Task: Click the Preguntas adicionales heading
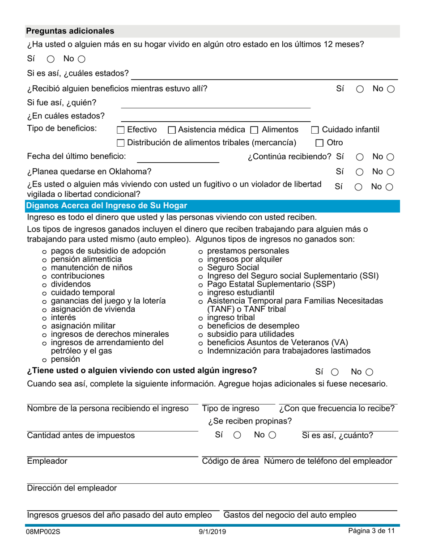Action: click(x=70, y=31)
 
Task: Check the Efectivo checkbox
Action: click(x=120, y=130)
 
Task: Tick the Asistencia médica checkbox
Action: click(x=171, y=130)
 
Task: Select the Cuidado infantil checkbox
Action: click(x=315, y=130)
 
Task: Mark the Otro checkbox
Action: click(x=319, y=143)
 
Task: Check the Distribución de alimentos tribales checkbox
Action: click(x=120, y=143)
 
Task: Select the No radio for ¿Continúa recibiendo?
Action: click(x=390, y=157)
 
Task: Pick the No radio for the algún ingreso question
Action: click(x=369, y=372)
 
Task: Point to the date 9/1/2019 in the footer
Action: click(x=212, y=532)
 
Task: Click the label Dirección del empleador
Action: click(x=72, y=488)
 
